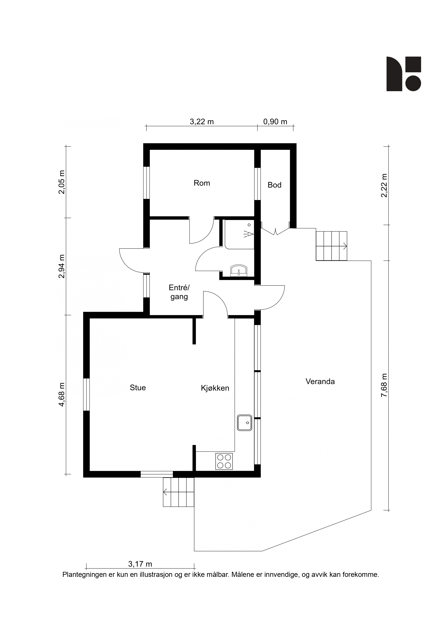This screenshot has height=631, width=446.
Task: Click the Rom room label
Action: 202,183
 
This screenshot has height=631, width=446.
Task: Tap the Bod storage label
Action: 275,185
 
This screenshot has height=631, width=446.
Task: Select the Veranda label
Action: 320,382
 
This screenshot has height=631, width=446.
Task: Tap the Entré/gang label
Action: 179,292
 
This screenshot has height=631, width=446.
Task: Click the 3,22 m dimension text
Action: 202,122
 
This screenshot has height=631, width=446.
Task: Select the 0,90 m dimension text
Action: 275,122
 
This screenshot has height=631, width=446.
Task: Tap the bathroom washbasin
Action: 238,270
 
